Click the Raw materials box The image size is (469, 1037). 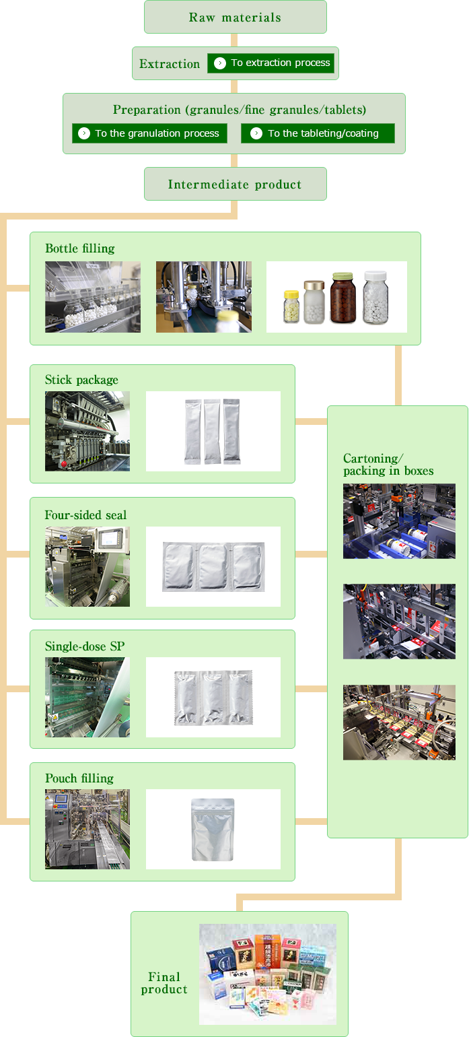coord(235,18)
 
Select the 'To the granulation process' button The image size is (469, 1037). coord(149,133)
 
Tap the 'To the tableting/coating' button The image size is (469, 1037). coord(318,133)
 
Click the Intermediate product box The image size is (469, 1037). coord(235,185)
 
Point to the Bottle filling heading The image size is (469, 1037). coord(80,248)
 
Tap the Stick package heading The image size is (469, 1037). coord(81,380)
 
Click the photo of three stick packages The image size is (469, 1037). coord(213,431)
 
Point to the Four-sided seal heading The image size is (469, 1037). coord(85,515)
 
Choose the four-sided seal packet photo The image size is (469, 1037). coord(213,566)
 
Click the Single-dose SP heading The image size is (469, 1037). coord(85,646)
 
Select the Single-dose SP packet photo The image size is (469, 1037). coord(213,697)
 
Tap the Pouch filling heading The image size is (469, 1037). coord(79,778)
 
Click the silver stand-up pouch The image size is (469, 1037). coord(213,829)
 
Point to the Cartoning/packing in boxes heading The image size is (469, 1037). coord(388,465)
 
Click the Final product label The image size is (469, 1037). coord(164,983)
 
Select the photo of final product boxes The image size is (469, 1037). coord(267,974)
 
